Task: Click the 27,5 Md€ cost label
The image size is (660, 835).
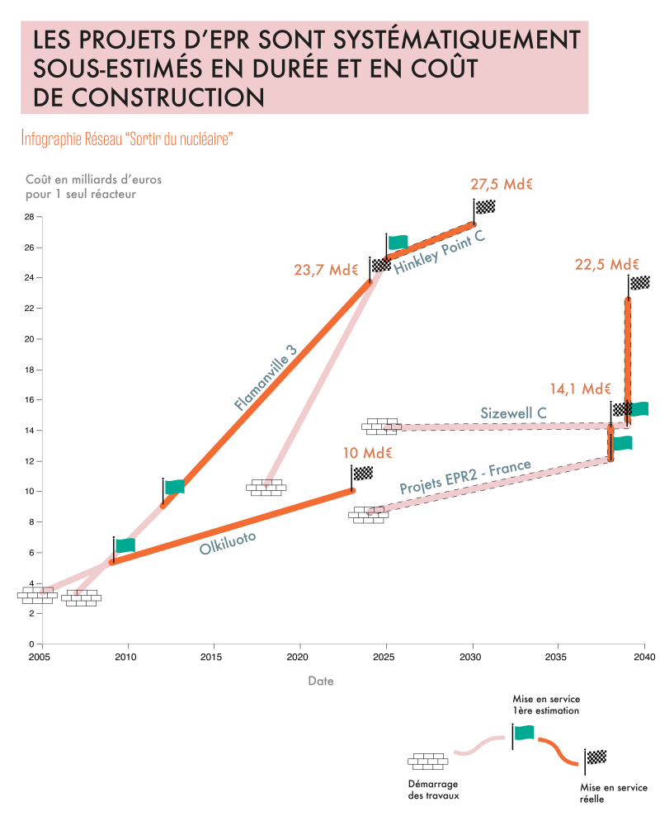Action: pyautogui.click(x=502, y=184)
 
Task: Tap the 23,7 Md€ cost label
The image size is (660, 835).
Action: pyautogui.click(x=326, y=270)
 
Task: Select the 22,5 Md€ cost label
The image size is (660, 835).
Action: pyautogui.click(x=606, y=265)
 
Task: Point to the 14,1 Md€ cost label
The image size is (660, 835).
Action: pyautogui.click(x=580, y=389)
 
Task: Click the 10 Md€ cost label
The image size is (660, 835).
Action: pyautogui.click(x=367, y=453)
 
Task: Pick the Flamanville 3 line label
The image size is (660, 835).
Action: pyautogui.click(x=265, y=378)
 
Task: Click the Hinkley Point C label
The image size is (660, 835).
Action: pyautogui.click(x=440, y=252)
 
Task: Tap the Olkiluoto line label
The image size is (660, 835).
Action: pyautogui.click(x=228, y=543)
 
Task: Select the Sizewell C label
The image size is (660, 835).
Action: pyautogui.click(x=513, y=413)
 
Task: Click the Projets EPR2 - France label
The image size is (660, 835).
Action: pyautogui.click(x=465, y=477)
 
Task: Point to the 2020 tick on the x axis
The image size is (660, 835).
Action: pyautogui.click(x=297, y=657)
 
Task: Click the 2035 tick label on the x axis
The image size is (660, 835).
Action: pyautogui.click(x=556, y=657)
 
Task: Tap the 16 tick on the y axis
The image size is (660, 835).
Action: pyautogui.click(x=29, y=399)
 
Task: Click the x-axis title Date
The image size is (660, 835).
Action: pyautogui.click(x=321, y=681)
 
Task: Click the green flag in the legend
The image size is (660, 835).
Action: pyautogui.click(x=524, y=733)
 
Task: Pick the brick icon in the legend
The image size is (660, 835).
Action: pyautogui.click(x=428, y=762)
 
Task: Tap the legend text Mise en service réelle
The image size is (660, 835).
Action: pyautogui.click(x=614, y=794)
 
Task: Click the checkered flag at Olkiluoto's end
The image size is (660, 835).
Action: pyautogui.click(x=363, y=473)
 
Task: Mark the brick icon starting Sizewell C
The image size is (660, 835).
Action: pyautogui.click(x=382, y=427)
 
